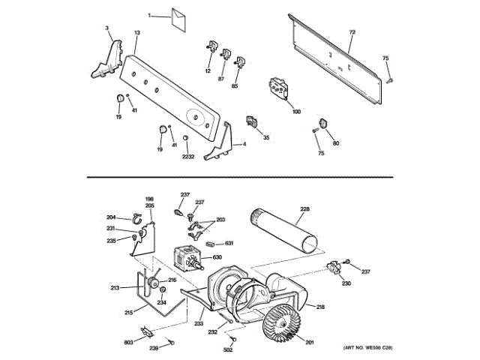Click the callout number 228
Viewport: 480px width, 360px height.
pyautogui.click(x=304, y=208)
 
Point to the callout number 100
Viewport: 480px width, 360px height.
pyautogui.click(x=296, y=111)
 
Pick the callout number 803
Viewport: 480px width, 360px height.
pyautogui.click(x=129, y=342)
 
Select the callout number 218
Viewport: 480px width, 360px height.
pyautogui.click(x=320, y=307)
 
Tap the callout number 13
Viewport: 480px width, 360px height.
pyautogui.click(x=137, y=33)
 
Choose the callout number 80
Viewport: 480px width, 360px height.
pyautogui.click(x=335, y=143)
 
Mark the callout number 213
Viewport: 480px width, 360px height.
pyautogui.click(x=115, y=288)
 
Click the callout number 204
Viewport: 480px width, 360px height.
pyautogui.click(x=110, y=217)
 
